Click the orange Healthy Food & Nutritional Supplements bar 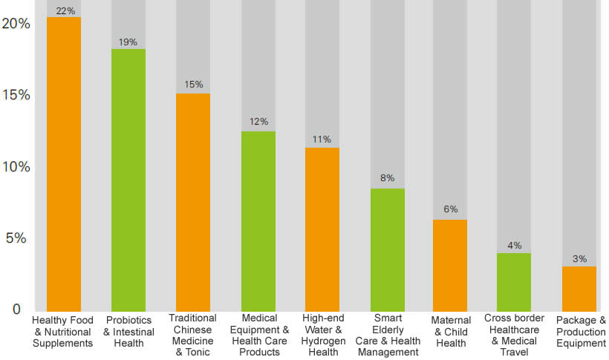coord(64,163)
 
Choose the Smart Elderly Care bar coord(387,249)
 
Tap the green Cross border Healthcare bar coord(514,281)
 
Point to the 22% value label coord(65,10)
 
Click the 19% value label coord(128,42)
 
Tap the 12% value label coord(258,122)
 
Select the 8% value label coord(387,178)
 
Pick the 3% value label coord(579,259)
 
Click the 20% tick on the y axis coord(16,24)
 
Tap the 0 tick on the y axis coord(16,309)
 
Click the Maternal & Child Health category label coord(451,332)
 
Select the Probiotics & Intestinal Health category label coord(128,332)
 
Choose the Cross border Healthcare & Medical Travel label coord(514,336)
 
